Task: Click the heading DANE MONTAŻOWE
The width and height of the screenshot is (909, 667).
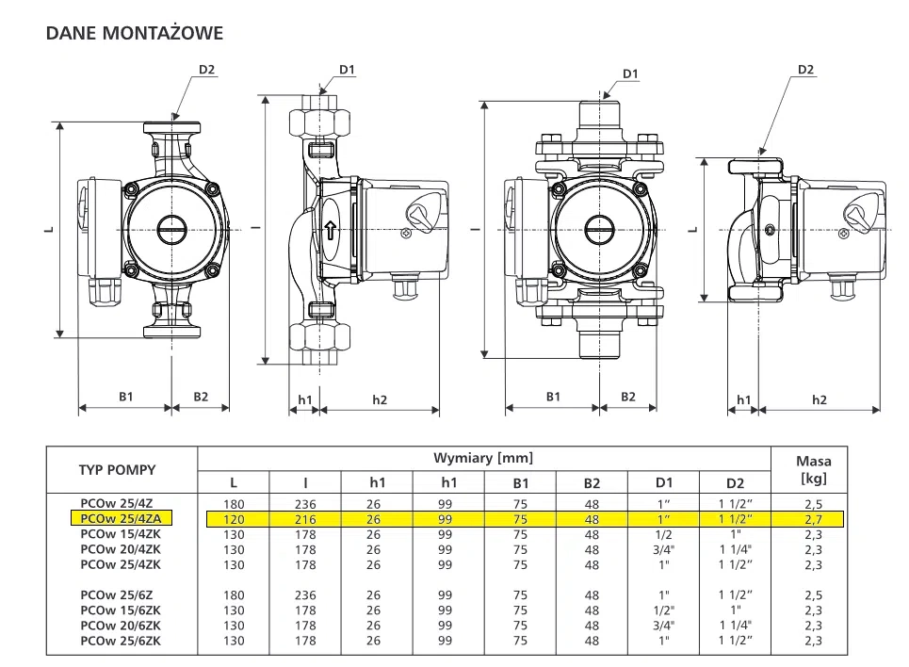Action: tap(135, 34)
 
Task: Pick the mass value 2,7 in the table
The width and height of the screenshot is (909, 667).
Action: tap(813, 518)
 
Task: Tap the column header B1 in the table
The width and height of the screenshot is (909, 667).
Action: tap(520, 482)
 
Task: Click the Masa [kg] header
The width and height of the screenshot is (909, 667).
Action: tap(813, 469)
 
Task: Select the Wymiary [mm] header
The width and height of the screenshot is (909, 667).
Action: tap(482, 458)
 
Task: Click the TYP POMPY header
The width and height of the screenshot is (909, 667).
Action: tap(117, 469)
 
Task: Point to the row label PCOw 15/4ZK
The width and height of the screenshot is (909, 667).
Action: tap(120, 533)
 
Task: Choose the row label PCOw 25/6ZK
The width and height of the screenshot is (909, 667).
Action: tap(120, 641)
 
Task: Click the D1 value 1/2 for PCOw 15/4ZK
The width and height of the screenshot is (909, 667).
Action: tap(663, 533)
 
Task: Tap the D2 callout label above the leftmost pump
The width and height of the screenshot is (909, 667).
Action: tap(206, 69)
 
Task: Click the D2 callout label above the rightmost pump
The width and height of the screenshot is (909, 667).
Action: tap(805, 69)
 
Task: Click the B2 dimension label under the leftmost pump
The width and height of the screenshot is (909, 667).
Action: tap(201, 397)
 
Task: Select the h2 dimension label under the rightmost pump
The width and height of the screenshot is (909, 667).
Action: tap(820, 399)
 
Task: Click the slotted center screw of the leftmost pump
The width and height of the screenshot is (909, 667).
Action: tap(172, 229)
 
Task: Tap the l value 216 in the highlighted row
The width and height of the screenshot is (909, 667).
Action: tap(304, 518)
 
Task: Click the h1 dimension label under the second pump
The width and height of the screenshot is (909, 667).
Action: tap(304, 399)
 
